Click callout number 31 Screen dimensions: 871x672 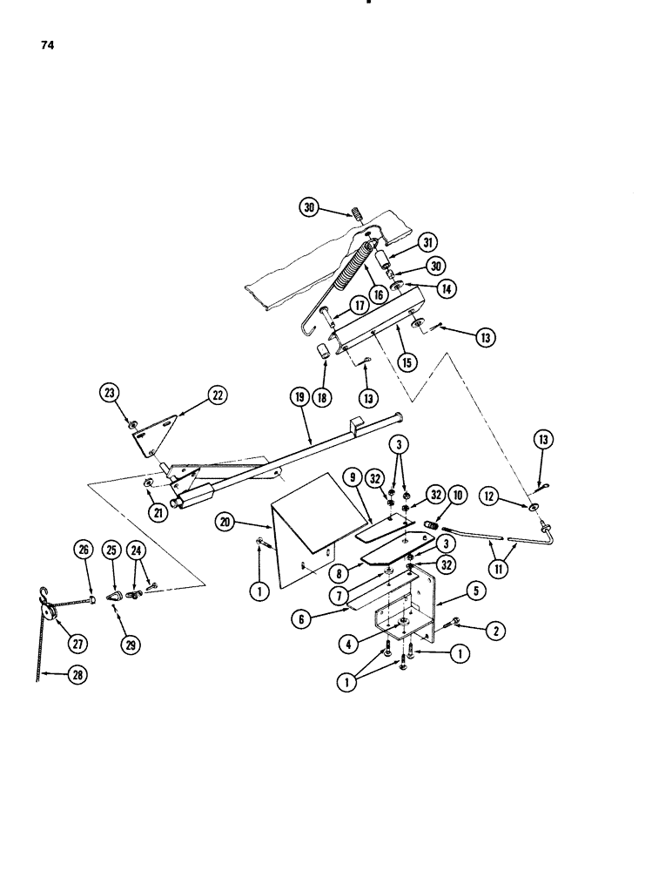(433, 241)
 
